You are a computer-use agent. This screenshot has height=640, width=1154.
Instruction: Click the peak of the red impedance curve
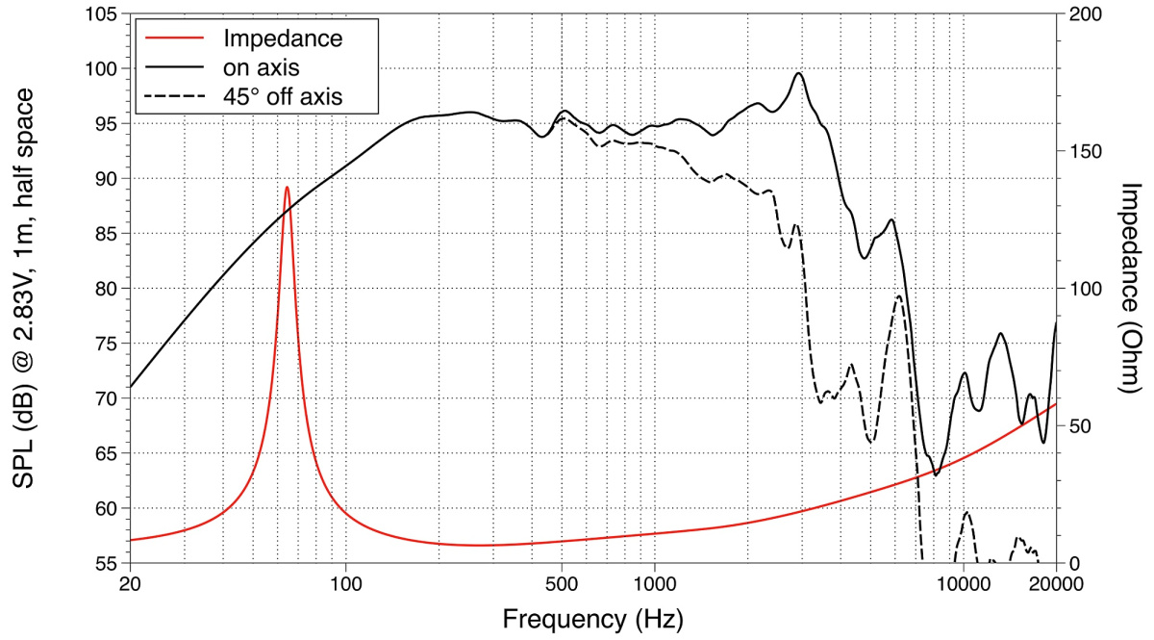pyautogui.click(x=287, y=187)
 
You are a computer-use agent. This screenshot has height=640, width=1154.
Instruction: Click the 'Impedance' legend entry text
pyautogui.click(x=282, y=39)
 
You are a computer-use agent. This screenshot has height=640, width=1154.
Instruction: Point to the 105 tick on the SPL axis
pyautogui.click(x=101, y=15)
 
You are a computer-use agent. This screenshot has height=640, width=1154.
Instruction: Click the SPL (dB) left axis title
pyautogui.click(x=26, y=289)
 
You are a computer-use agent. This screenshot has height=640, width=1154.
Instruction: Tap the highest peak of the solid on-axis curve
pyautogui.click(x=799, y=73)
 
